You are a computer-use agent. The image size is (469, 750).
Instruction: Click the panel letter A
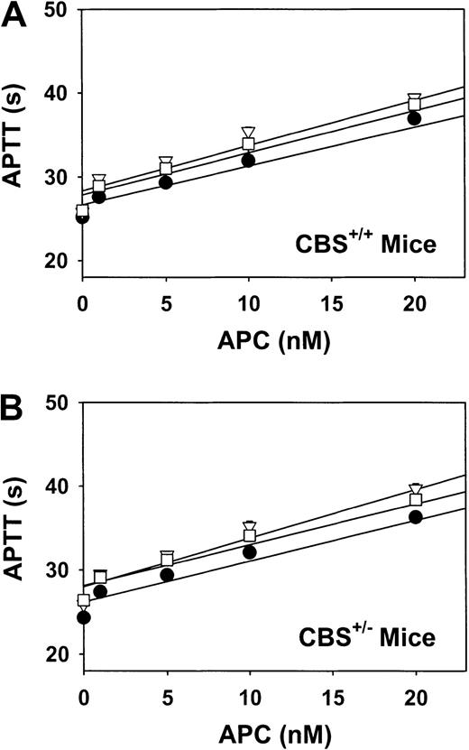click(x=15, y=15)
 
